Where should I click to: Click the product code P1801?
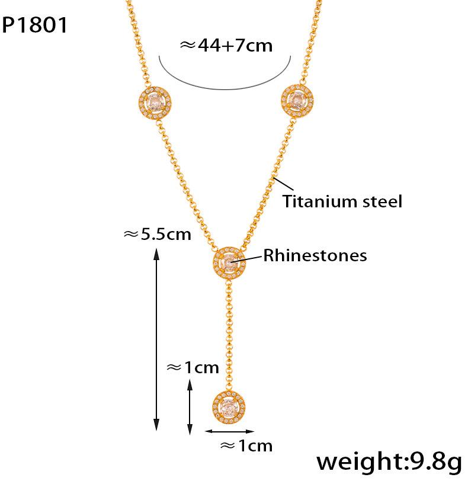35,25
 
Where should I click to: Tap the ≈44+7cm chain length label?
226,46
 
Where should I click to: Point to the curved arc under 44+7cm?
225,88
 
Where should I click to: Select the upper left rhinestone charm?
153,105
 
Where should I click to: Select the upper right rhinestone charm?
296,99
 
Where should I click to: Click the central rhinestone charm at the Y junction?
228,262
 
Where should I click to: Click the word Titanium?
319,201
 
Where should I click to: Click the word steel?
382,201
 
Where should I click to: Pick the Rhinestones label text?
315,255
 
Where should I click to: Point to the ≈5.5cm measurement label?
157,235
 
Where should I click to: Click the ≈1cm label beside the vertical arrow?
193,367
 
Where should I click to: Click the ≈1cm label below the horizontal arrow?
246,445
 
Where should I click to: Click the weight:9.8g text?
388,462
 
